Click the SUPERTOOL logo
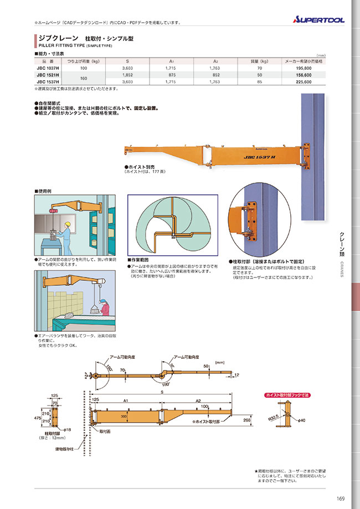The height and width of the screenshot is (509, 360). [318, 19]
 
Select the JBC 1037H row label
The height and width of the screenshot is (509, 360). [49, 68]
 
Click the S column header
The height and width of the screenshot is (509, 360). [127, 61]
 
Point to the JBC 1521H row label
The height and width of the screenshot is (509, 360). [49, 75]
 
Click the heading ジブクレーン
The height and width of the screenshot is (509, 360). [54, 38]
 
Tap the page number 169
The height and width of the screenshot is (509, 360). [340, 497]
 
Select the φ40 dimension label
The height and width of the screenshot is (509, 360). [301, 420]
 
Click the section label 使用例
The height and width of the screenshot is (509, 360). [45, 191]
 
